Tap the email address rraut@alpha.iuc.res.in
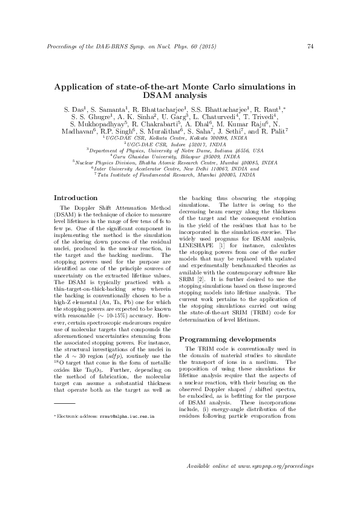128,417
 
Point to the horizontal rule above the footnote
64,402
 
